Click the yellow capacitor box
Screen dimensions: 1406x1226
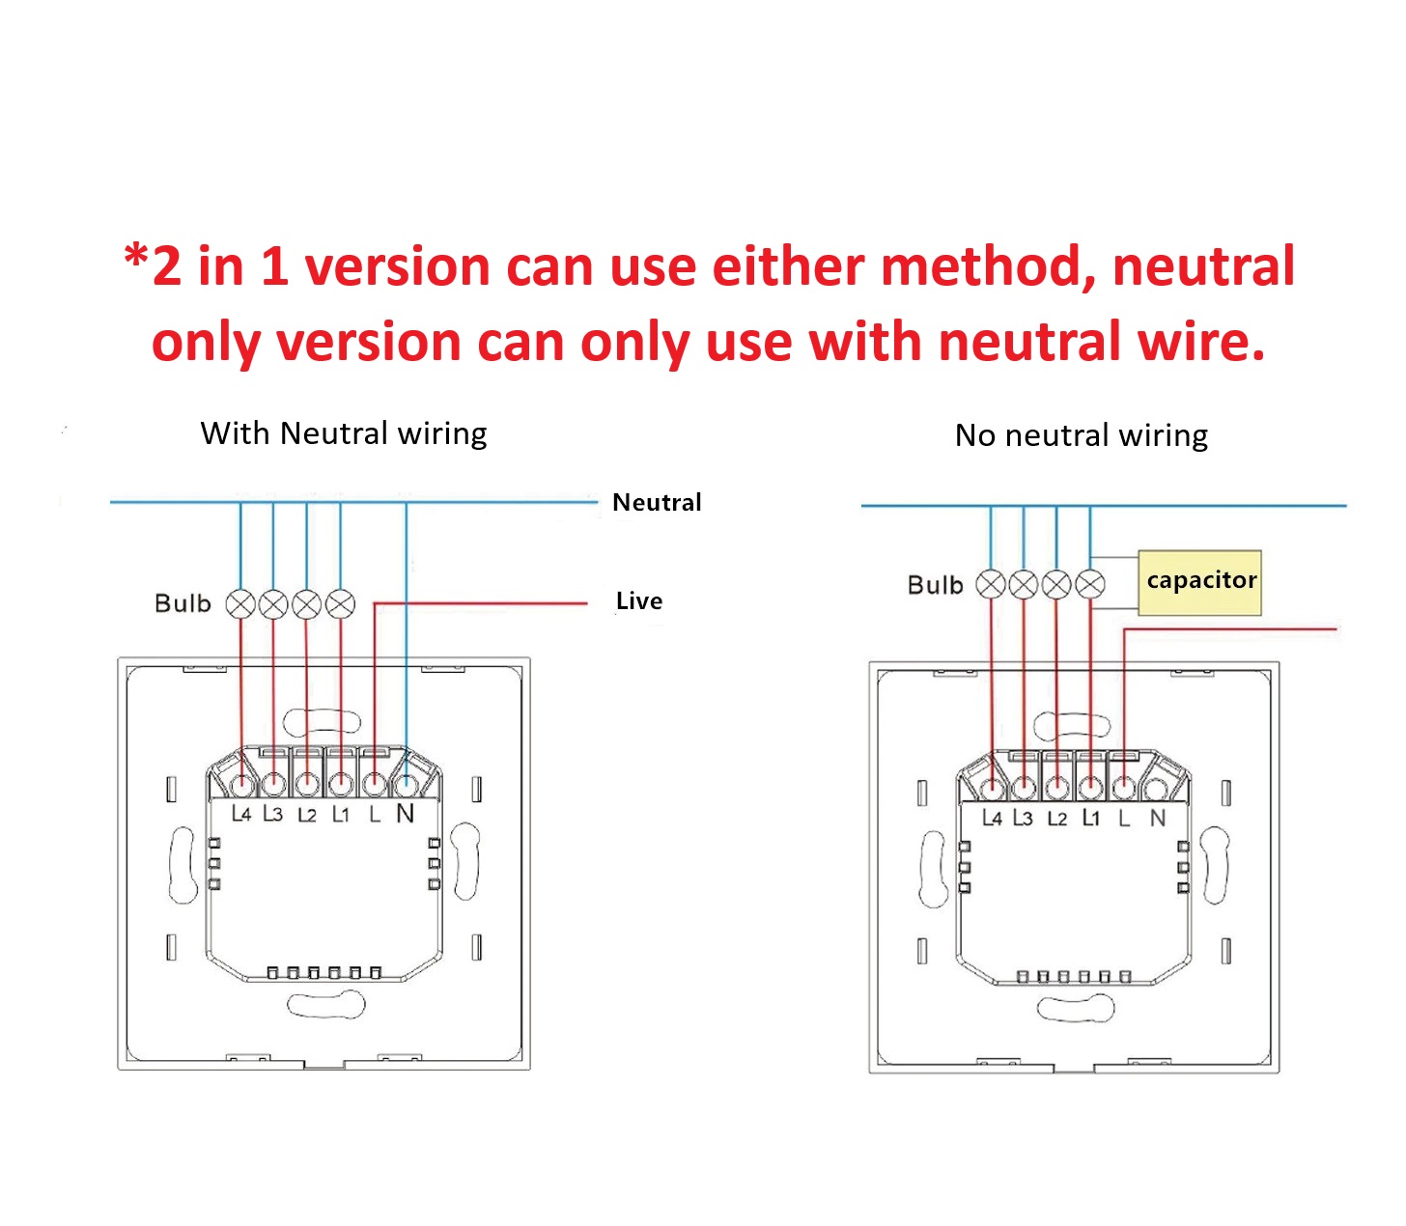(1199, 582)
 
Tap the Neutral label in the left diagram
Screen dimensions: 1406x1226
(657, 502)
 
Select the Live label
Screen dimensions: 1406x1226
(639, 601)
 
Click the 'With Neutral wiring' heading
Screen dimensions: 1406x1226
(344, 434)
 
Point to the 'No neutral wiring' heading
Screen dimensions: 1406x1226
(1081, 435)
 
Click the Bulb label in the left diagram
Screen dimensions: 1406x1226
(183, 603)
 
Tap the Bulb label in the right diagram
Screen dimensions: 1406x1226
(936, 585)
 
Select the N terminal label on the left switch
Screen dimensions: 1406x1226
(405, 814)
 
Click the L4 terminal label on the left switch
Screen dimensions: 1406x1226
(241, 815)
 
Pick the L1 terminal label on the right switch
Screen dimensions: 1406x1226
(1091, 818)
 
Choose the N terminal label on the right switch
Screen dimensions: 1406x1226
(1158, 818)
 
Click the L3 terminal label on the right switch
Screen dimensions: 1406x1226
(1024, 818)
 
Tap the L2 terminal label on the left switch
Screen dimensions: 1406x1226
(307, 816)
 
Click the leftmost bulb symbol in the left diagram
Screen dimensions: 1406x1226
(240, 604)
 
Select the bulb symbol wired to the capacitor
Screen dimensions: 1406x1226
(1090, 585)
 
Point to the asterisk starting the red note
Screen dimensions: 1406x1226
(136, 256)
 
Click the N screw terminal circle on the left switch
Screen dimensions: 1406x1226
(407, 783)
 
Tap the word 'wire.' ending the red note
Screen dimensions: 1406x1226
(1200, 342)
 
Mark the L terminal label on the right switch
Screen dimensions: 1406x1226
(1124, 818)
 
